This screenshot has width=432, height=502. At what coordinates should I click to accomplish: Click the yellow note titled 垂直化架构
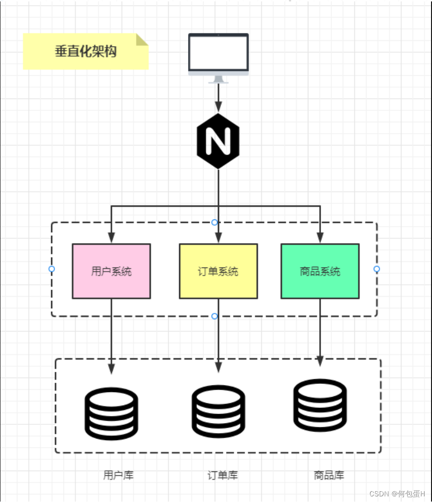click(86, 51)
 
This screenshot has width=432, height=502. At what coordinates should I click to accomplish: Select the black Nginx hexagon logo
click(218, 141)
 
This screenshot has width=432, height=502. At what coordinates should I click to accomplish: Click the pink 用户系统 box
click(111, 271)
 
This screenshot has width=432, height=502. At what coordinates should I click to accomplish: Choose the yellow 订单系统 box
click(218, 271)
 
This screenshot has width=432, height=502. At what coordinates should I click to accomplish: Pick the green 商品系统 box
click(320, 271)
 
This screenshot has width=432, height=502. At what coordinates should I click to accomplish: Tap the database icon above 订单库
click(218, 411)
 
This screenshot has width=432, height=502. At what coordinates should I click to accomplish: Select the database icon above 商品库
click(320, 405)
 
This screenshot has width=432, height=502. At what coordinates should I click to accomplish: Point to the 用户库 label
click(118, 475)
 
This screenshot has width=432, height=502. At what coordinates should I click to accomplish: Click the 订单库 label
click(223, 475)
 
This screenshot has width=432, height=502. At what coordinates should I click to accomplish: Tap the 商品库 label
click(329, 475)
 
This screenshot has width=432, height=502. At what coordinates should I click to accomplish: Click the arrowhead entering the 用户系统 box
click(111, 238)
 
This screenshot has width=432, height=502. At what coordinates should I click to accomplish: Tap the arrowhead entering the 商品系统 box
click(320, 238)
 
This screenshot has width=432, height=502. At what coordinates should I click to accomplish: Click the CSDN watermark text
click(397, 494)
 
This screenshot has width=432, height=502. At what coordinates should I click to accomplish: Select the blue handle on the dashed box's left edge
click(52, 269)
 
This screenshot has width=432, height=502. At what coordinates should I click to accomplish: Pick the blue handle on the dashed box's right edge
click(377, 269)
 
